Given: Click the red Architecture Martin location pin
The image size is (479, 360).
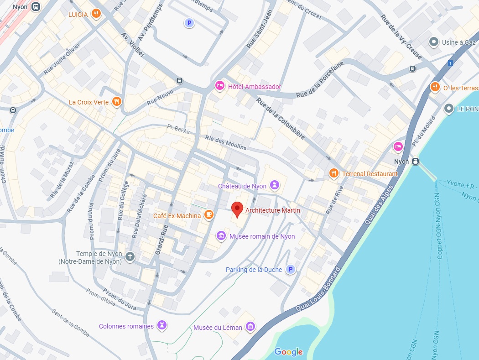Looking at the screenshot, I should [x=237, y=209].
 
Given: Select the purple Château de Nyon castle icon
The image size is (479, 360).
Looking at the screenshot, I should [x=274, y=185].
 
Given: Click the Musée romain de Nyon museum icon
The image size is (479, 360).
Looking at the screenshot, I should [x=221, y=236].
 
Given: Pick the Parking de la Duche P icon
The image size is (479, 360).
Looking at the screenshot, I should [x=290, y=270].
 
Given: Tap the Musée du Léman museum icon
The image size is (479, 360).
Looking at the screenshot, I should [x=250, y=327].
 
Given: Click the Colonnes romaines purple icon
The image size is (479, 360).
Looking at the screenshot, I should [x=162, y=326].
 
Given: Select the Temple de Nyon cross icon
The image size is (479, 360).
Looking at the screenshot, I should [x=130, y=256].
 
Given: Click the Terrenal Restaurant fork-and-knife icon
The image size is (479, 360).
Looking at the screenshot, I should [x=334, y=173].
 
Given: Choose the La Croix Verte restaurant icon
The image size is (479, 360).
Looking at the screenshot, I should [x=117, y=102].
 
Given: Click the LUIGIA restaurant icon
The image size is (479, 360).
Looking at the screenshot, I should [x=95, y=14].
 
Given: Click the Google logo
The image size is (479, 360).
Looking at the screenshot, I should [x=288, y=352].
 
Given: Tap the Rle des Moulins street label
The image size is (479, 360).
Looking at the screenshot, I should [x=225, y=143].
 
